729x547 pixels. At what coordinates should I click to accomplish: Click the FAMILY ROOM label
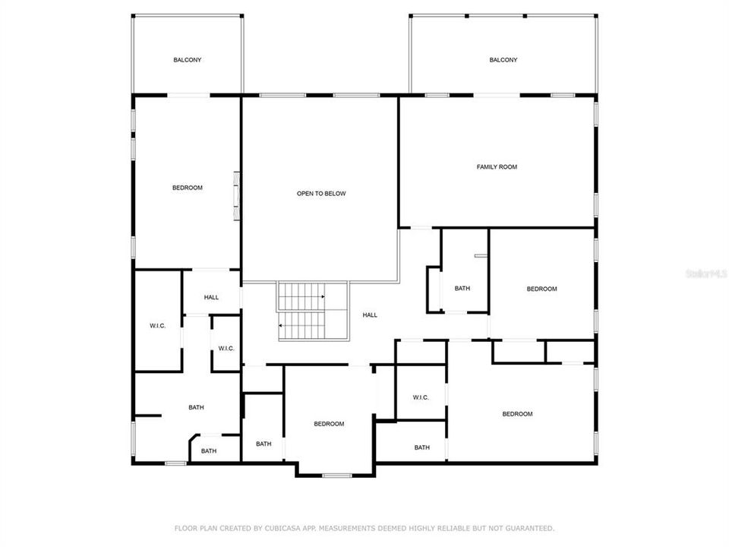pyautogui.click(x=497, y=166)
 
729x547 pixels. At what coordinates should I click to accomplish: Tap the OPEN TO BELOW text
pyautogui.click(x=320, y=194)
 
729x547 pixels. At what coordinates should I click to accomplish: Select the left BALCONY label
pyautogui.click(x=187, y=59)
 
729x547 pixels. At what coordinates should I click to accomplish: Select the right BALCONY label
pyautogui.click(x=503, y=59)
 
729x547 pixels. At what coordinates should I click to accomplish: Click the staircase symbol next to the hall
pyautogui.click(x=312, y=311)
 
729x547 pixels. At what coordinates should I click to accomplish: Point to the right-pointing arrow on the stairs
pyautogui.click(x=323, y=296)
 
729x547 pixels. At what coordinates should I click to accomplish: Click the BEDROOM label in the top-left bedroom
pyautogui.click(x=187, y=188)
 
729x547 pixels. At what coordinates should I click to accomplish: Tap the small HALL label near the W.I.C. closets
pyautogui.click(x=211, y=297)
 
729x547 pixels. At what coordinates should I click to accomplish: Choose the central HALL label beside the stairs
pyautogui.click(x=370, y=315)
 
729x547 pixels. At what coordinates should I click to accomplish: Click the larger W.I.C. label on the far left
pyautogui.click(x=157, y=326)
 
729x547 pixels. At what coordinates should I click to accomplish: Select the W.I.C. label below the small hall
pyautogui.click(x=226, y=349)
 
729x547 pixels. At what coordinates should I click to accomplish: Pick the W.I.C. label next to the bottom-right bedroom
pyautogui.click(x=421, y=397)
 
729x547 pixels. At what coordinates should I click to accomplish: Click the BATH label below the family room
pyautogui.click(x=462, y=289)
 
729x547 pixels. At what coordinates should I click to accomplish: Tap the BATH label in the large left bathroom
pyautogui.click(x=196, y=407)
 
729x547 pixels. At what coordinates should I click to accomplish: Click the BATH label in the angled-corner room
pyautogui.click(x=209, y=451)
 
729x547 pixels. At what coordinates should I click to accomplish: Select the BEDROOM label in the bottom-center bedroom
pyautogui.click(x=329, y=424)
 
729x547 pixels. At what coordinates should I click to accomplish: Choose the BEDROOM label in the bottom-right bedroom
pyautogui.click(x=517, y=414)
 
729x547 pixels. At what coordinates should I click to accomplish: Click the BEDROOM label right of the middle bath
pyautogui.click(x=542, y=289)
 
